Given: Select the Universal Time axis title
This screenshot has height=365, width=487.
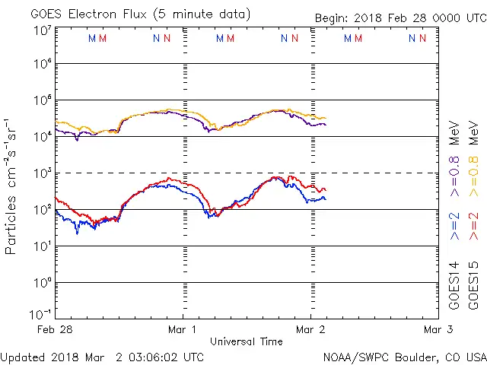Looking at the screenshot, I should [x=246, y=341].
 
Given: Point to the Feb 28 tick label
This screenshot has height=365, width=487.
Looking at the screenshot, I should [x=56, y=330].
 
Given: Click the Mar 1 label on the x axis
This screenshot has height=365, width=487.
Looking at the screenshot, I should [x=183, y=330].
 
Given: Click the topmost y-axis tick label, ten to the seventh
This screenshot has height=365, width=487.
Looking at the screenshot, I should [x=42, y=30].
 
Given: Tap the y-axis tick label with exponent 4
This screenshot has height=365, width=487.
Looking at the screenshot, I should [x=42, y=135].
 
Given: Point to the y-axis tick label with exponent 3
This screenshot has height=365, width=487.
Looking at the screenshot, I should [x=42, y=172].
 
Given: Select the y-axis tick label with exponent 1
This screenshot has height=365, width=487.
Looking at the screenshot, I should [x=42, y=245].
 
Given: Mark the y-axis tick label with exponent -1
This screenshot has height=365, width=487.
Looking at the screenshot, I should [x=40, y=313].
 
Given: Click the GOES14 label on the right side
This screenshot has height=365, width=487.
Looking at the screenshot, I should [x=454, y=285].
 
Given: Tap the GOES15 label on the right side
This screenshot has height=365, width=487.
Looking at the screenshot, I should [x=473, y=285].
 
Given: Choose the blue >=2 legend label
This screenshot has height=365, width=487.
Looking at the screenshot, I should [x=454, y=226].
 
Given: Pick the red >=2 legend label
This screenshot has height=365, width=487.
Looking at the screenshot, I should [x=473, y=226].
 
